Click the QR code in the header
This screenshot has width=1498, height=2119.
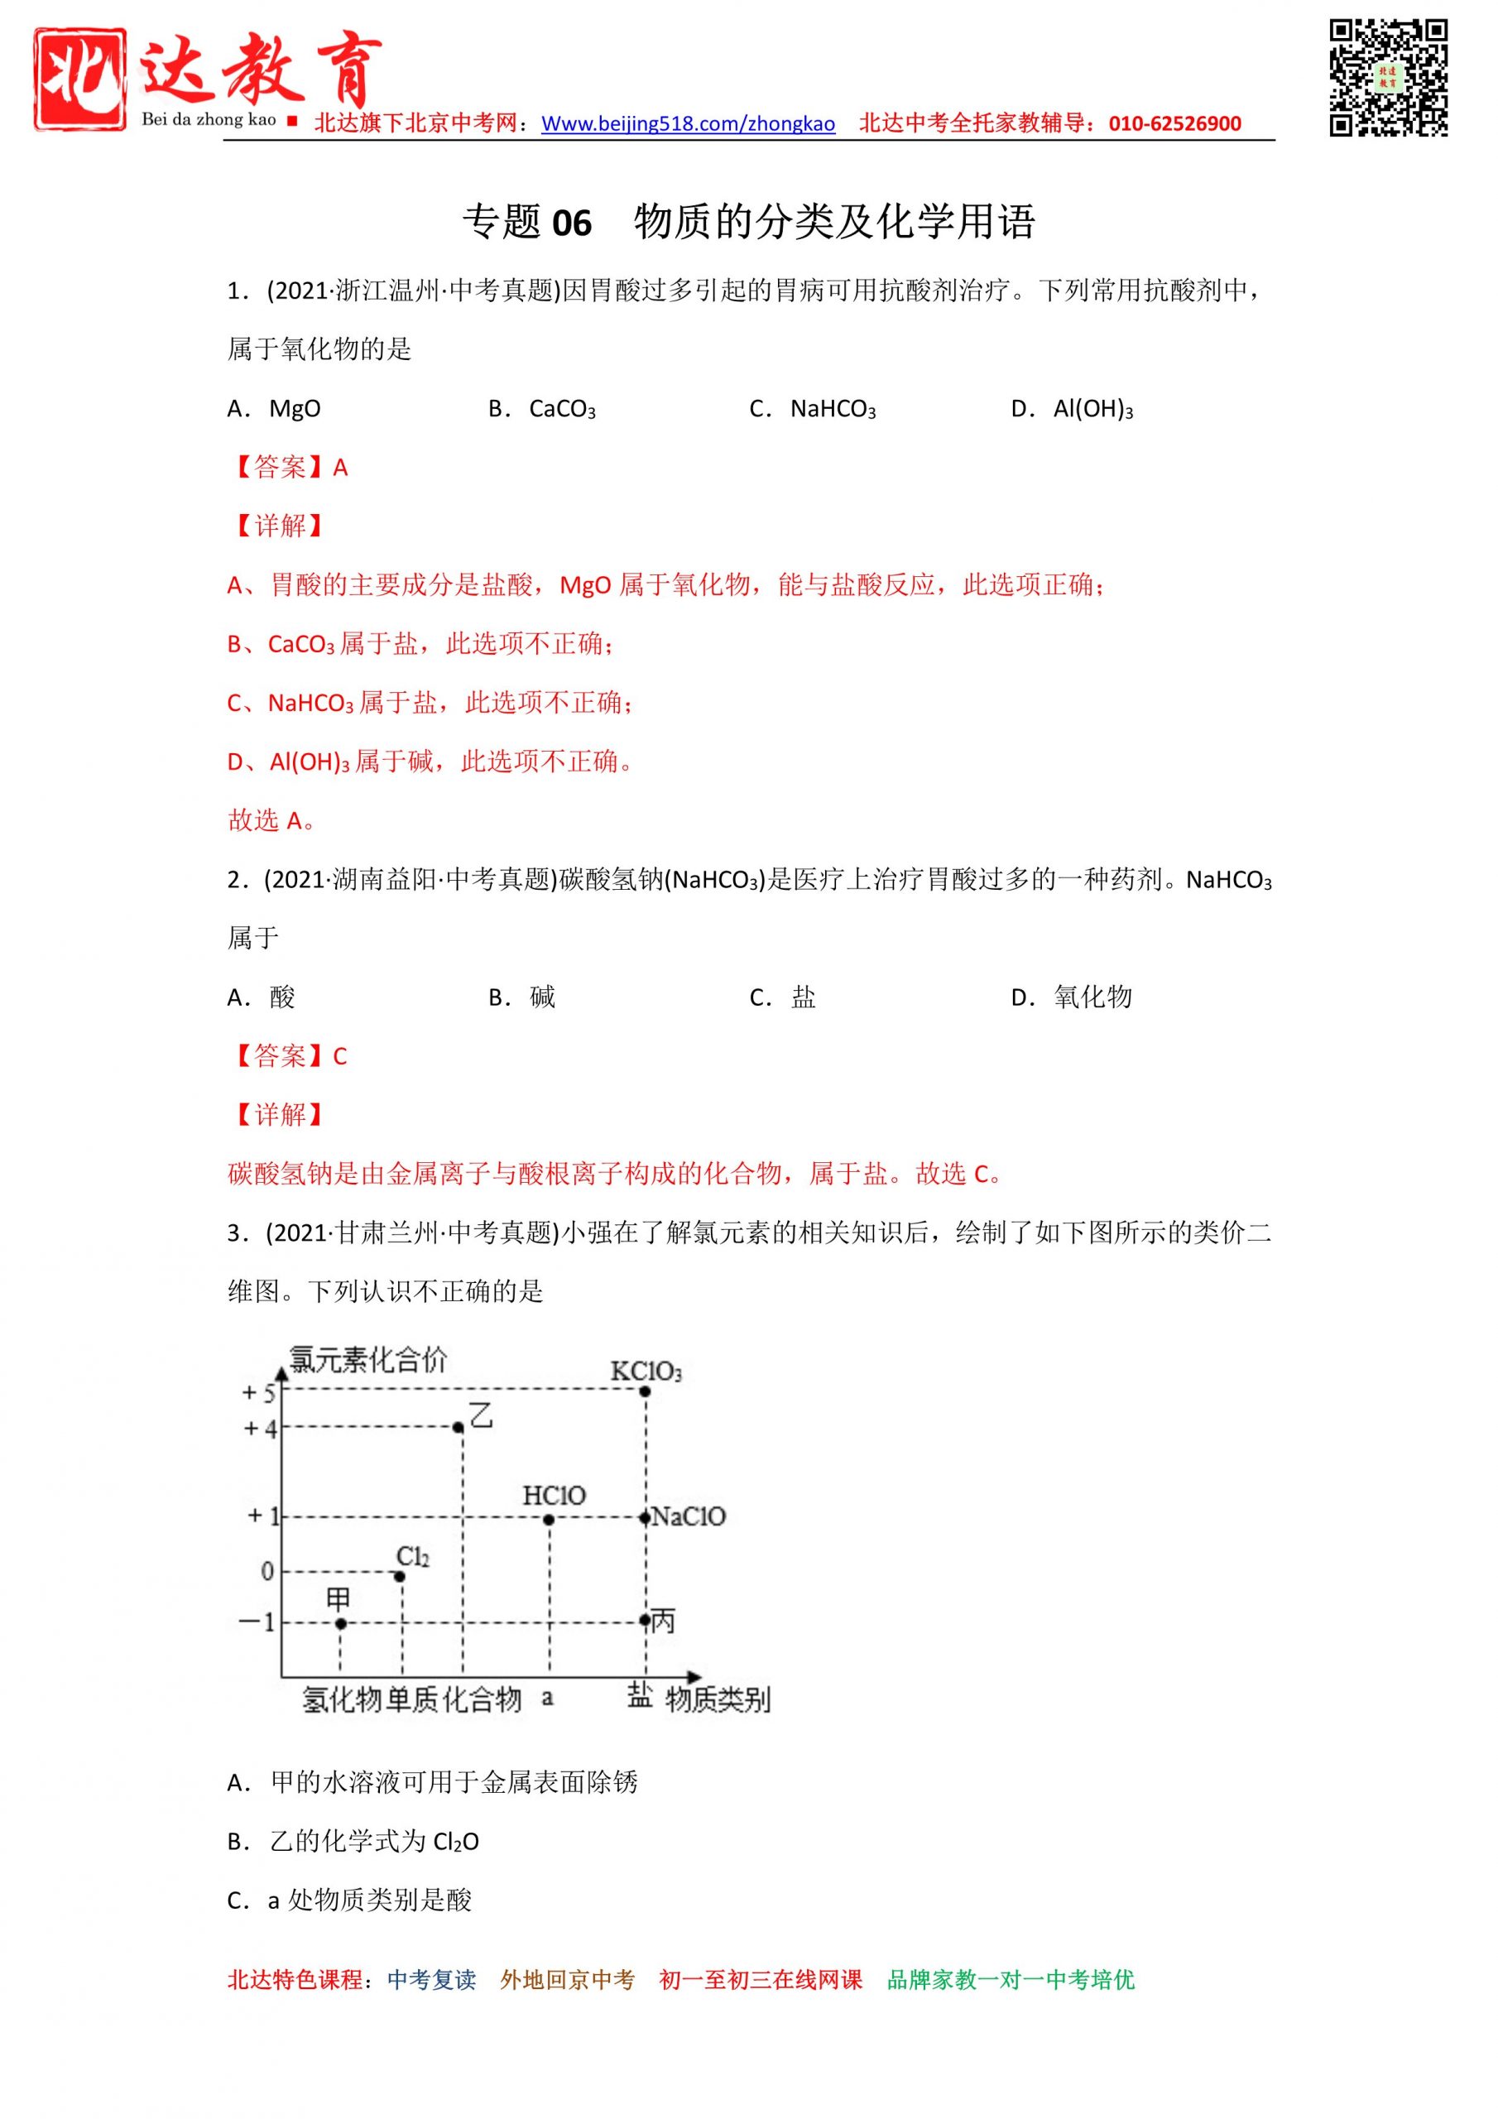pos(1387,78)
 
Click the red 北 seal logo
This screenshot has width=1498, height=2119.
pos(80,78)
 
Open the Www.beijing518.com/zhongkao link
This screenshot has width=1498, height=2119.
pos(688,123)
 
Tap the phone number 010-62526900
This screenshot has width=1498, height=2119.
pos(1174,123)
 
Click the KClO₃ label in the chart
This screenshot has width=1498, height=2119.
pos(646,1372)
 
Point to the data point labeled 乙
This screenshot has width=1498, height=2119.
pos(459,1427)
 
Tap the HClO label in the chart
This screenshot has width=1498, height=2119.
pos(554,1495)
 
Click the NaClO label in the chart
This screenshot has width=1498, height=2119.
pos(689,1516)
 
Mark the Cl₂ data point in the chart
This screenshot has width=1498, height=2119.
pos(401,1575)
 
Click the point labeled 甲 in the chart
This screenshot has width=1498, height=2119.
pos(341,1622)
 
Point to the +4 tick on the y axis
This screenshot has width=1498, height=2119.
pos(259,1429)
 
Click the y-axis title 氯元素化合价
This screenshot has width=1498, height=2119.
pos(367,1359)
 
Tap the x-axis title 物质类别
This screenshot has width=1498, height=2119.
pos(718,1699)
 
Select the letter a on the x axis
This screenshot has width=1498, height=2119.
pos(547,1696)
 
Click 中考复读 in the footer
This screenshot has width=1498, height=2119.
pos(431,1979)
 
